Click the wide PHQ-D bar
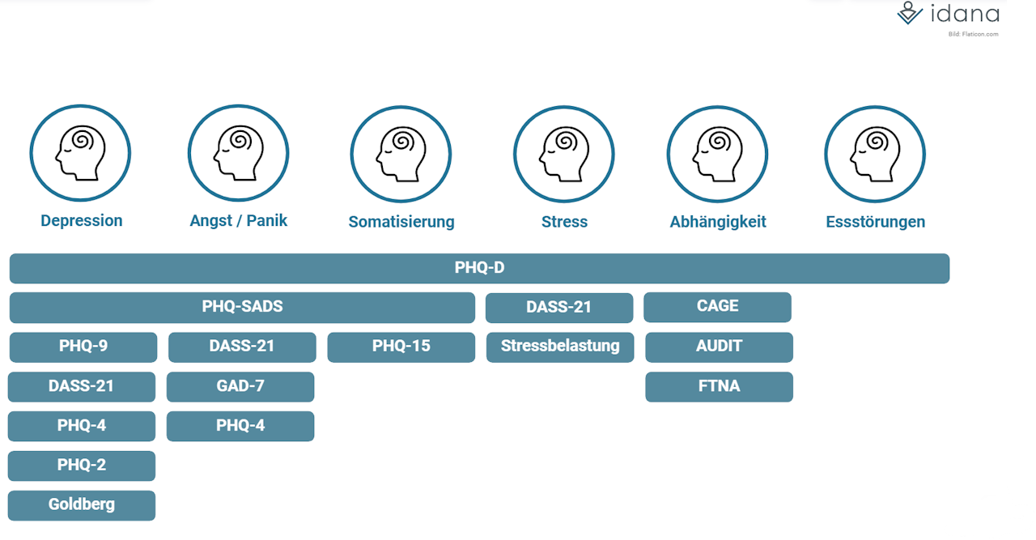pos(479,268)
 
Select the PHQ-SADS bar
pos(242,307)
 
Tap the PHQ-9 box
pos(83,347)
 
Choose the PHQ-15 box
pos(401,347)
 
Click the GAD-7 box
pos(240,386)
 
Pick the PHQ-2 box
pos(82,466)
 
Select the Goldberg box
pos(82,504)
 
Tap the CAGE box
pos(717,307)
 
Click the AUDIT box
pos(719,347)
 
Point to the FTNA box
pos(719,386)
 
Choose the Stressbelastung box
pos(560,347)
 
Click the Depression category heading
pos(82,221)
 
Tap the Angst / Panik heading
pos(239,221)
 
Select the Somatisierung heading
pos(401,222)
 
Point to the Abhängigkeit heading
pos(718,222)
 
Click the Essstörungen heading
pos(876,222)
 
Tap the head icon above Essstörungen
pos(875,153)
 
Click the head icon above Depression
pos(80,153)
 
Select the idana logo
pos(949,14)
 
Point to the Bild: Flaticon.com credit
pos(973,34)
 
